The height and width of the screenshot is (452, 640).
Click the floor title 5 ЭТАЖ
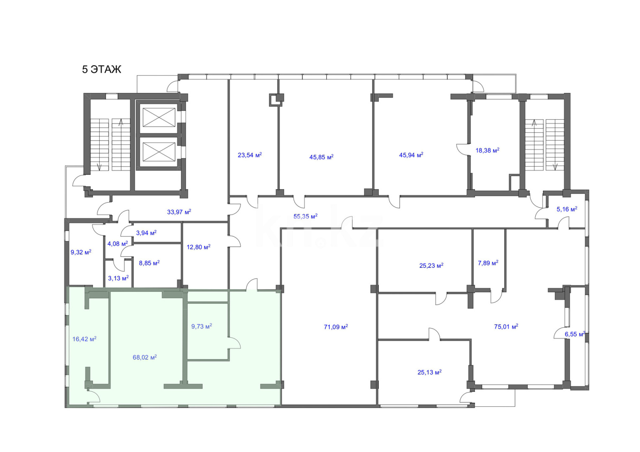101,69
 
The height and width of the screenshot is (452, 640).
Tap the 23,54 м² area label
250,155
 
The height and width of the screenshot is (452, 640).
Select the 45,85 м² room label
321,157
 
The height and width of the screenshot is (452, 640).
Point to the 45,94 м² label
411,155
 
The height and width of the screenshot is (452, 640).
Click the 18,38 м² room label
488,150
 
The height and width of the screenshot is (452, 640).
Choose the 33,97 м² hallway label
179,212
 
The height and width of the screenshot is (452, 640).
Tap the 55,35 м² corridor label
305,216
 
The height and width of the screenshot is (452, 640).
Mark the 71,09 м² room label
336,326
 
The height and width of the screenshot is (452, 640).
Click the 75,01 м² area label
506,326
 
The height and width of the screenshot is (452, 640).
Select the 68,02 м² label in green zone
145,357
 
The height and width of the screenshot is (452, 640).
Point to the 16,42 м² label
84,339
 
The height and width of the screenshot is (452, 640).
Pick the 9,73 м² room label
201,326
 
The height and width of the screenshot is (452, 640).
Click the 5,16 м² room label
567,209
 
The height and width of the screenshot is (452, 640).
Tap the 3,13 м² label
118,278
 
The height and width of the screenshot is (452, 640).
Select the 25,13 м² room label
429,372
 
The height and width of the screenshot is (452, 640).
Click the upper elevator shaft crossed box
159,117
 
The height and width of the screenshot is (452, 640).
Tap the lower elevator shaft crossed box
159,152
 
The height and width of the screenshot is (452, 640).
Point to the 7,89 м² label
488,262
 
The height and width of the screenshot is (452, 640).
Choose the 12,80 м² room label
199,247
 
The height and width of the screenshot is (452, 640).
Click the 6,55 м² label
575,334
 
